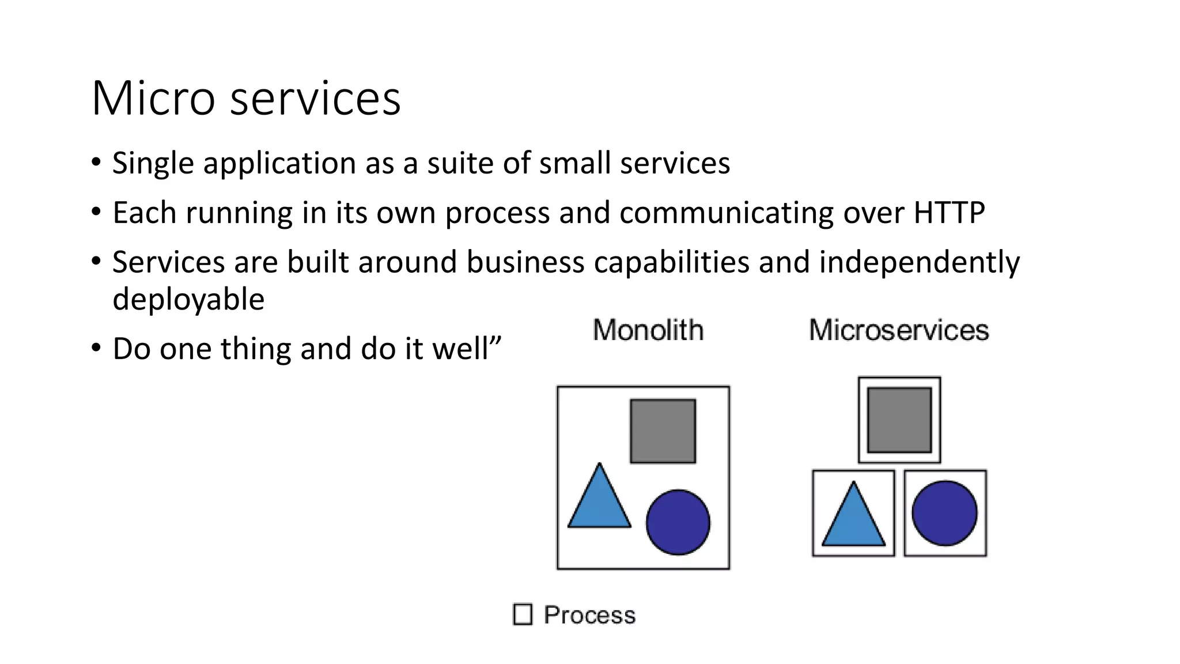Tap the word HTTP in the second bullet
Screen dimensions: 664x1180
(x=949, y=213)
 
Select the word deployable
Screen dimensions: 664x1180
(x=188, y=300)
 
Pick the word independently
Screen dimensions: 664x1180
(x=919, y=263)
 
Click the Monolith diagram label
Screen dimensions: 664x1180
(x=648, y=330)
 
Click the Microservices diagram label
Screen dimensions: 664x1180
(x=899, y=330)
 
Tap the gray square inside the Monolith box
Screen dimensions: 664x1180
(x=663, y=431)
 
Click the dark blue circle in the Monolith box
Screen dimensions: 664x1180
(x=678, y=522)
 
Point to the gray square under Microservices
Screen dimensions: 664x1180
(x=899, y=420)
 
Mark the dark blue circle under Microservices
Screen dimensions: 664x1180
(x=945, y=513)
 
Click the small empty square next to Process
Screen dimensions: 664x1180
(x=523, y=614)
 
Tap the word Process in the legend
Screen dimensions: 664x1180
(x=589, y=615)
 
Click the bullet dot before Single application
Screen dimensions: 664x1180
(x=96, y=163)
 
